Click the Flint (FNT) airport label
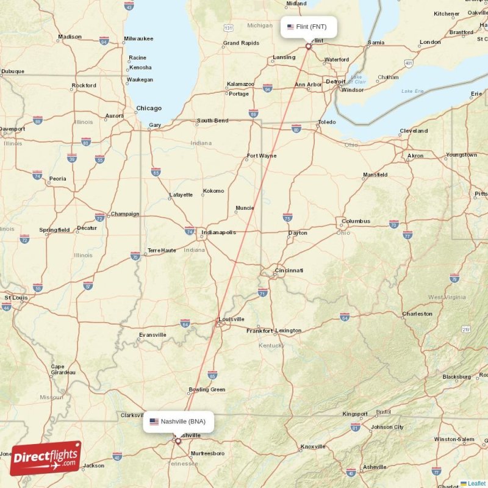pos(308,27)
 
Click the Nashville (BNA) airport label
pos(178,422)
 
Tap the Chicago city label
pos(149,109)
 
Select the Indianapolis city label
pos(220,232)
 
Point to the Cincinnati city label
pos(289,270)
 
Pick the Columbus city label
pos(356,221)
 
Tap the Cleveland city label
pos(414,131)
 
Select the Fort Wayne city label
pos(261,156)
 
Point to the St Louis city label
pos(16,298)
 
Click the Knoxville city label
pos(312,447)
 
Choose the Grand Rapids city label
pos(241,43)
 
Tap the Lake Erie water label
pos(412,91)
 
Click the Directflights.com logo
pos(46,458)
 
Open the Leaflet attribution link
pos(476,484)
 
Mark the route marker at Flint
pos(308,46)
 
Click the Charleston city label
pos(417,314)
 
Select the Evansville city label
pos(152,335)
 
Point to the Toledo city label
pos(327,122)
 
